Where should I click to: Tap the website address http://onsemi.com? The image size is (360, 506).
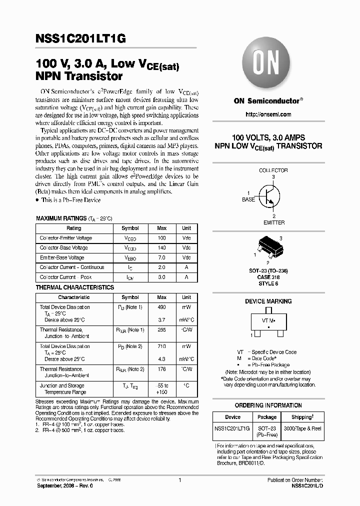pos(268,114)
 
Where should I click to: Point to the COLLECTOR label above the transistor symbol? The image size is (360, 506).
pos(273,170)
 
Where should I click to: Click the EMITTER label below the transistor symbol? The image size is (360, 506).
pos(273,222)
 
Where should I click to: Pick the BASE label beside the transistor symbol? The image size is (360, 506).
pos(248,199)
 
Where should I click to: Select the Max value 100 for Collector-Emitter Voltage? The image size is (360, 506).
pos(161,238)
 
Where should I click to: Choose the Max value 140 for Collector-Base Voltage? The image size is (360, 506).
pos(161,248)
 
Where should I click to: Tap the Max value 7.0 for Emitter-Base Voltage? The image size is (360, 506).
pos(161,258)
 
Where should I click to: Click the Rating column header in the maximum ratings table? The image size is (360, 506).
pos(74,228)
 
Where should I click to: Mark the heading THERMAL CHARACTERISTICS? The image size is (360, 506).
pos(75,287)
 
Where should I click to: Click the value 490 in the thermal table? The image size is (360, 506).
pos(161,307)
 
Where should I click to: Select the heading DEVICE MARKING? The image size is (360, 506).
pos(268,301)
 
